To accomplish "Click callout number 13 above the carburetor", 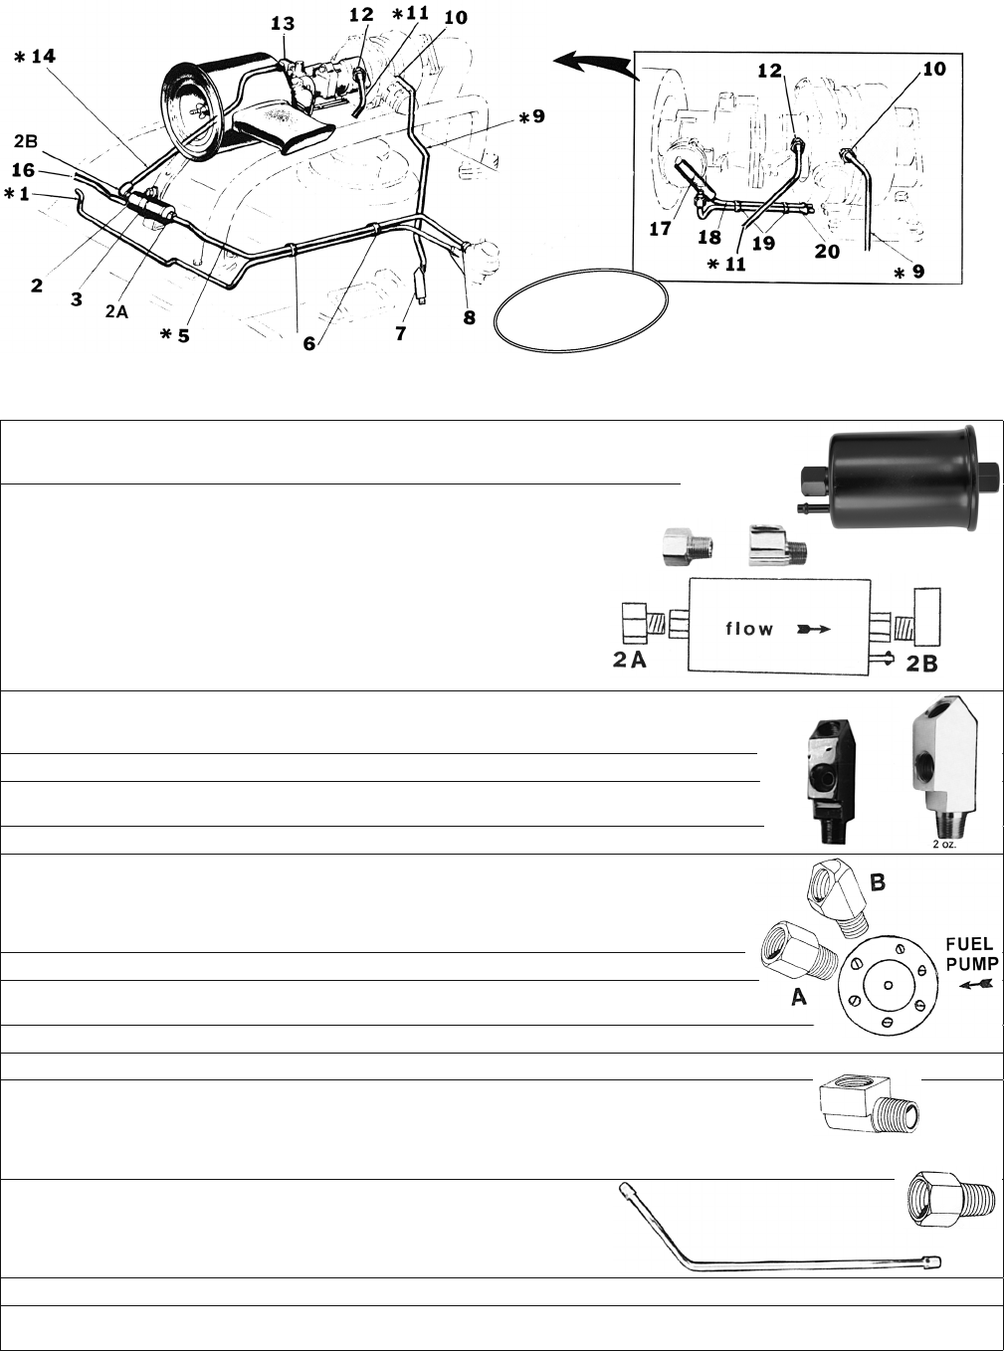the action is [x=283, y=24].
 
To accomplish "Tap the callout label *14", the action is [x=35, y=57].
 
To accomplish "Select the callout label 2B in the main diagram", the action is [x=26, y=142].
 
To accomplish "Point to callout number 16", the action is [x=23, y=170].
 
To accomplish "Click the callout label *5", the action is [x=175, y=335].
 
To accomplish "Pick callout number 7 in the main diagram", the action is [x=400, y=333].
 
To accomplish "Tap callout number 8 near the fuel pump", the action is [x=469, y=317].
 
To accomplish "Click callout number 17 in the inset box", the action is [x=661, y=229].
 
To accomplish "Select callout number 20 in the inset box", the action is [x=827, y=251].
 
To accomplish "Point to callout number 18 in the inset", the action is [x=709, y=237].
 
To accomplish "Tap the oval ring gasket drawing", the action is [x=581, y=310].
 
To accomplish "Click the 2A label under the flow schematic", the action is [x=630, y=661].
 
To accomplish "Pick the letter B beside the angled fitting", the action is [x=877, y=882].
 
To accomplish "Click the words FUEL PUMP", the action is [x=972, y=953].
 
